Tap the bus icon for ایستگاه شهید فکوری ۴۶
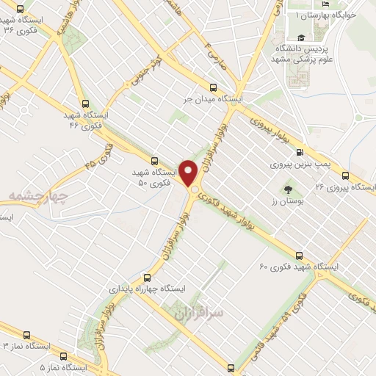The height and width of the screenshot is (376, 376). pyautogui.click(x=85, y=104)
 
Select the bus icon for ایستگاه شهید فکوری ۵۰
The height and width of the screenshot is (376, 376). pyautogui.click(x=154, y=160)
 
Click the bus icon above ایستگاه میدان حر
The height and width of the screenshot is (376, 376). pyautogui.click(x=213, y=86)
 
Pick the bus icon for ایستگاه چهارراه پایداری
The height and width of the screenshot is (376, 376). pyautogui.click(x=148, y=278)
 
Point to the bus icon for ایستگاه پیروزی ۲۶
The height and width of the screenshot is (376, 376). pyautogui.click(x=345, y=176)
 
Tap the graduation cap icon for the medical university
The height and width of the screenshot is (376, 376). pyautogui.click(x=300, y=39)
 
